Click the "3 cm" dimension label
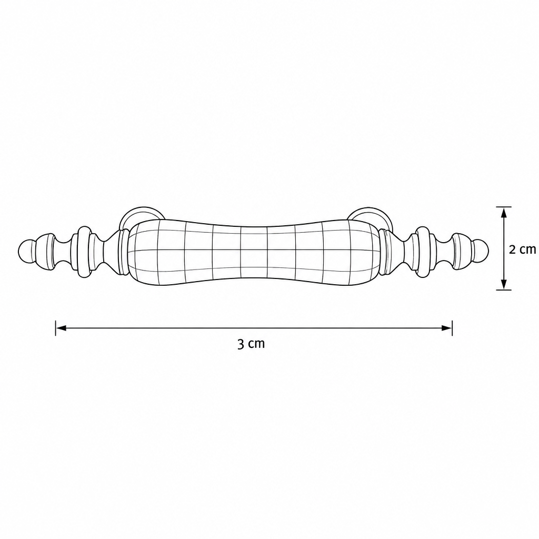(251, 343)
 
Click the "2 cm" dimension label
(522, 249)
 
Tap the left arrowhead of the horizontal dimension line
(61, 328)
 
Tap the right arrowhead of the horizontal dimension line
(446, 328)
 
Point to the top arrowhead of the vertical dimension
(504, 213)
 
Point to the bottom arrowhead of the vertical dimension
(504, 284)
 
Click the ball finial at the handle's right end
(480, 251)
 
